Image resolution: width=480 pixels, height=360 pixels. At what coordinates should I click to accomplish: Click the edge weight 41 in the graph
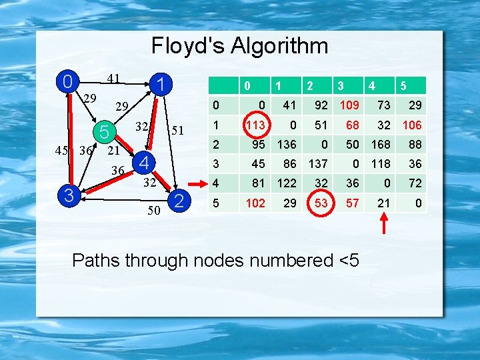click(x=114, y=79)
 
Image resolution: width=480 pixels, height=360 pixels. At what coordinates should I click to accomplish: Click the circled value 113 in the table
click(x=256, y=125)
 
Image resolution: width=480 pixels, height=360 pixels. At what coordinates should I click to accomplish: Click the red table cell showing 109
click(x=350, y=105)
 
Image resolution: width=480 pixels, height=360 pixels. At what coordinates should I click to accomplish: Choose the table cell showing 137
click(x=317, y=163)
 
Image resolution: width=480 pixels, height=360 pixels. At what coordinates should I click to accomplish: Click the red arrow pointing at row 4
click(x=197, y=182)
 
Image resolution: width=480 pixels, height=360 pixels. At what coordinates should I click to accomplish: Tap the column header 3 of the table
click(x=340, y=86)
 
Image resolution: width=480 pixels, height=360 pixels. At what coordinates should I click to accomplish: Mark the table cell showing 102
click(x=256, y=202)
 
